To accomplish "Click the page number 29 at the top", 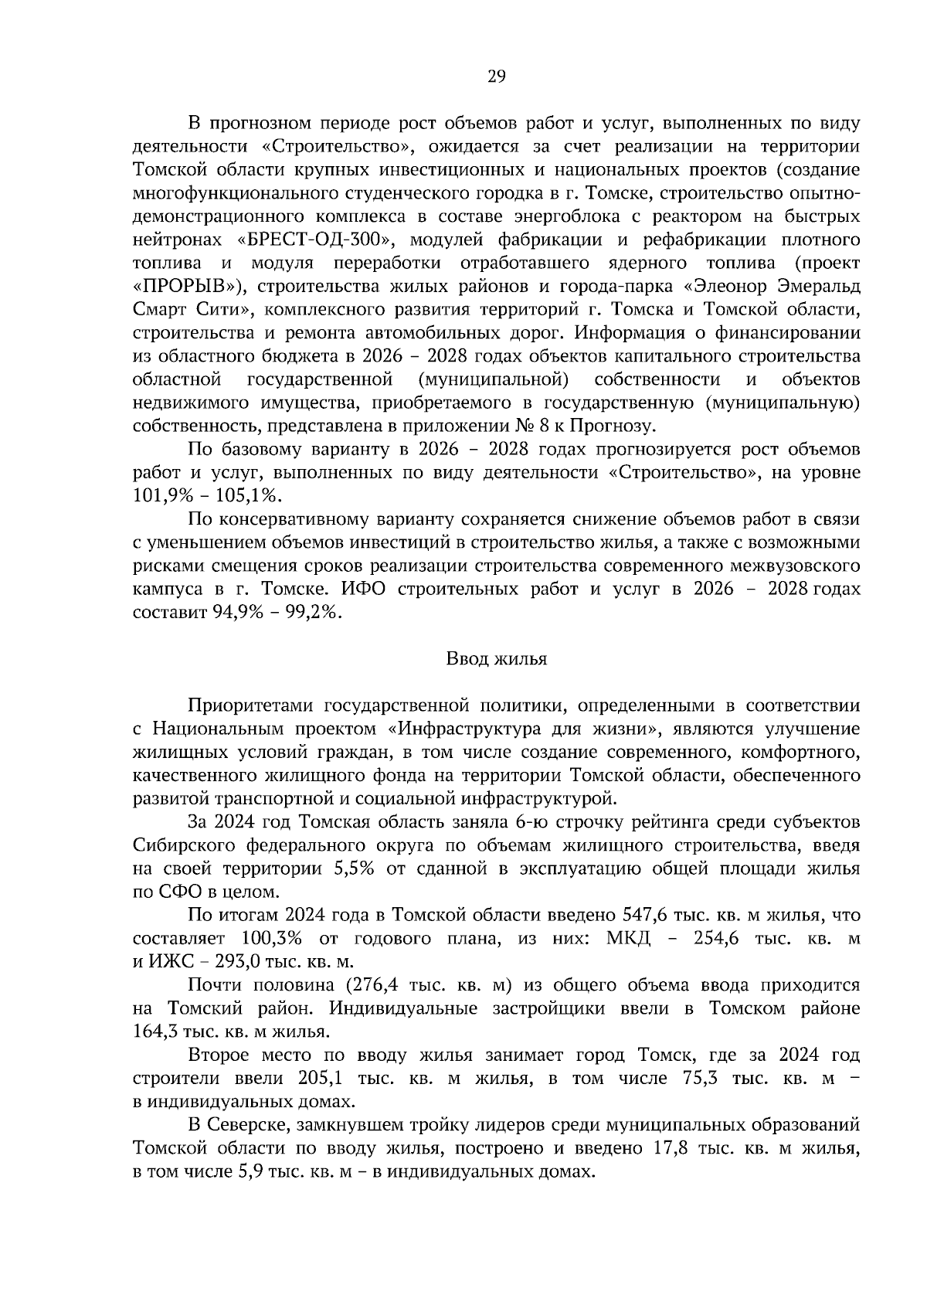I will pyautogui.click(x=496, y=76).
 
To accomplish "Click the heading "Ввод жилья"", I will pyautogui.click(x=496, y=659).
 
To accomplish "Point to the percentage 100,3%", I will pyautogui.click(x=271, y=939).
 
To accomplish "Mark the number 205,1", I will pyautogui.click(x=321, y=1078).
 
